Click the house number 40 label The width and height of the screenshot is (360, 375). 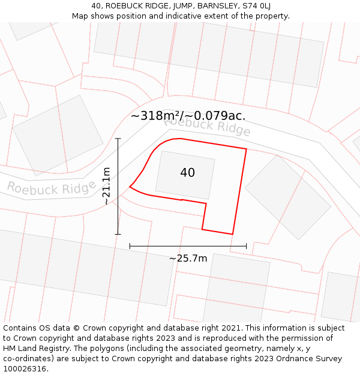(187, 173)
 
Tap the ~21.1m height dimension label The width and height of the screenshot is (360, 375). (106, 186)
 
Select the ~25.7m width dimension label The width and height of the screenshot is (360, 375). (188, 259)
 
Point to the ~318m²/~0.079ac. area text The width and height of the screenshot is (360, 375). (188, 116)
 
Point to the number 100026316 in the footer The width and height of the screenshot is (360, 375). (25, 368)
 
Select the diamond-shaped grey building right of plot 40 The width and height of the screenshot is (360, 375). (287, 197)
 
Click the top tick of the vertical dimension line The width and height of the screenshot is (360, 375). (118, 139)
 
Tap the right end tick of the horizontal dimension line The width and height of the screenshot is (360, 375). (246, 246)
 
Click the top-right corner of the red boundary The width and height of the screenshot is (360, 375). (247, 148)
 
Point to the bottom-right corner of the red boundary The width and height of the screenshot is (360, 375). (232, 234)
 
